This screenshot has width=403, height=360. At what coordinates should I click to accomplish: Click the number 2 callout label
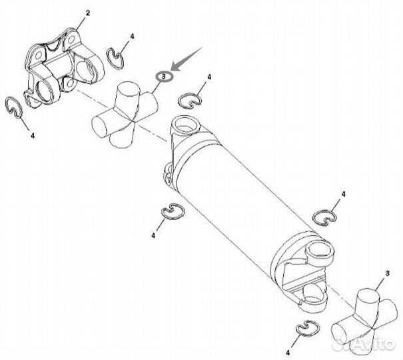pyautogui.click(x=88, y=13)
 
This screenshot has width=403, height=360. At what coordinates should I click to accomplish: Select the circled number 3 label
pyautogui.click(x=165, y=77)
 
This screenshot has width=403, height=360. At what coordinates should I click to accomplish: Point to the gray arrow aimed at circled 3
pyautogui.click(x=187, y=59)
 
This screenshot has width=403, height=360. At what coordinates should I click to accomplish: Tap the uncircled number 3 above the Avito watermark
pyautogui.click(x=388, y=273)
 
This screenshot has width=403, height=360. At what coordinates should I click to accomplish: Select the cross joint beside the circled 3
pyautogui.click(x=125, y=114)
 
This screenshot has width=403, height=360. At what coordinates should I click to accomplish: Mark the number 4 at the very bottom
pyautogui.click(x=288, y=352)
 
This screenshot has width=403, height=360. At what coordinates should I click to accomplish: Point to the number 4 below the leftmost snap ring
pyautogui.click(x=33, y=135)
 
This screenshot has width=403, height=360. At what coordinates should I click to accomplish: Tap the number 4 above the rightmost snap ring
pyautogui.click(x=343, y=194)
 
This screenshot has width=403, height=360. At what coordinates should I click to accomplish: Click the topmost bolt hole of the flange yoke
pyautogui.click(x=71, y=39)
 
